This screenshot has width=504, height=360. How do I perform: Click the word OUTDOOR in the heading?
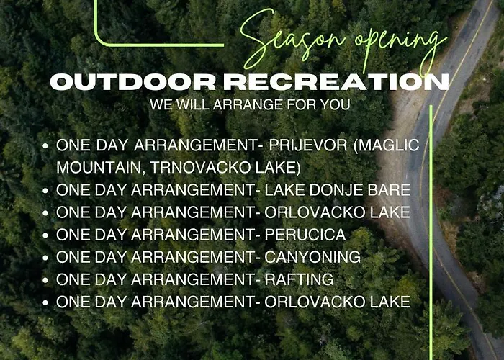[x=133, y=81]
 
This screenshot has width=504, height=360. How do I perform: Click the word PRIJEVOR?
[x=308, y=145]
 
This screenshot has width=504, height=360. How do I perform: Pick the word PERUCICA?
[x=305, y=235]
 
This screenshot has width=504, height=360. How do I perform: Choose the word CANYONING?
[x=312, y=257]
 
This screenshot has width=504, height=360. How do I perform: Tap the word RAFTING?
[x=299, y=279]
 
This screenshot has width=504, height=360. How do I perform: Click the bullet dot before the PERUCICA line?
[x=45, y=235]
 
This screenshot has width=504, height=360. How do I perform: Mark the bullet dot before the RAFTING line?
[x=45, y=280]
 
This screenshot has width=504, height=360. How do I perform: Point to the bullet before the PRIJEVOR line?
[x=45, y=146]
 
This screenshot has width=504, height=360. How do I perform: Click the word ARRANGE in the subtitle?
[x=248, y=105]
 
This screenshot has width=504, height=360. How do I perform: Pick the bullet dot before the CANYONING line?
[x=45, y=258]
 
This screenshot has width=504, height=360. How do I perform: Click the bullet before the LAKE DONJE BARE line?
[x=45, y=191]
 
